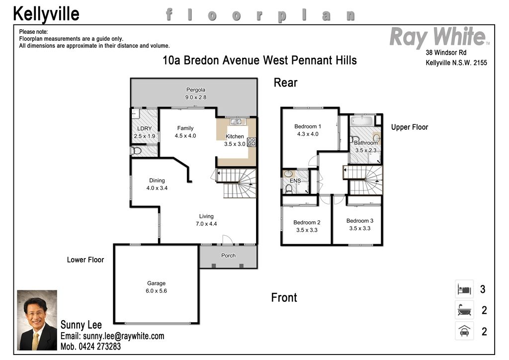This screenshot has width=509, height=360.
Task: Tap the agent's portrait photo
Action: click(37, 320)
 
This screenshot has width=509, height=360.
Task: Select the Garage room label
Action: click(156, 283)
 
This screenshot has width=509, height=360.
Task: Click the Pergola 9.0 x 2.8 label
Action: click(196, 93)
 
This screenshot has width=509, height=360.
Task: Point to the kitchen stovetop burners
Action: click(252, 142)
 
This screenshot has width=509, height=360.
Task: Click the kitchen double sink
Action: click(238, 121)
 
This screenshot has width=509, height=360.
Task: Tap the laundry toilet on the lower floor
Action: click(136, 151)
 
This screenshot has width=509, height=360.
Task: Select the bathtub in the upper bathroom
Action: click(362, 121)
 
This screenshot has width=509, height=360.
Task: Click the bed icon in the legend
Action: click(464, 289)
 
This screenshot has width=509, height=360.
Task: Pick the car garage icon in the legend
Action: click(464, 331)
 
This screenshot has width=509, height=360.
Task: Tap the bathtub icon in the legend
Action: click(464, 310)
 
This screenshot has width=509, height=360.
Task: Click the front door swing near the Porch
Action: click(227, 239)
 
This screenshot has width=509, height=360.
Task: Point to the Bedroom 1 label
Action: click(308, 126)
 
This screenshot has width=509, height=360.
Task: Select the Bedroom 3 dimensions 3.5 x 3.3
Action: click(360, 228)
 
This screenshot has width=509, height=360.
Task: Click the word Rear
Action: click(285, 83)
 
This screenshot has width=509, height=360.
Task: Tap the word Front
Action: click(284, 297)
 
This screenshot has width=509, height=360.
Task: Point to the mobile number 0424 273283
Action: click(99, 347)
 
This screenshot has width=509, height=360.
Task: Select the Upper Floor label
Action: click(410, 127)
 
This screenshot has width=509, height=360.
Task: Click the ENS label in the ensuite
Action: click(295, 181)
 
